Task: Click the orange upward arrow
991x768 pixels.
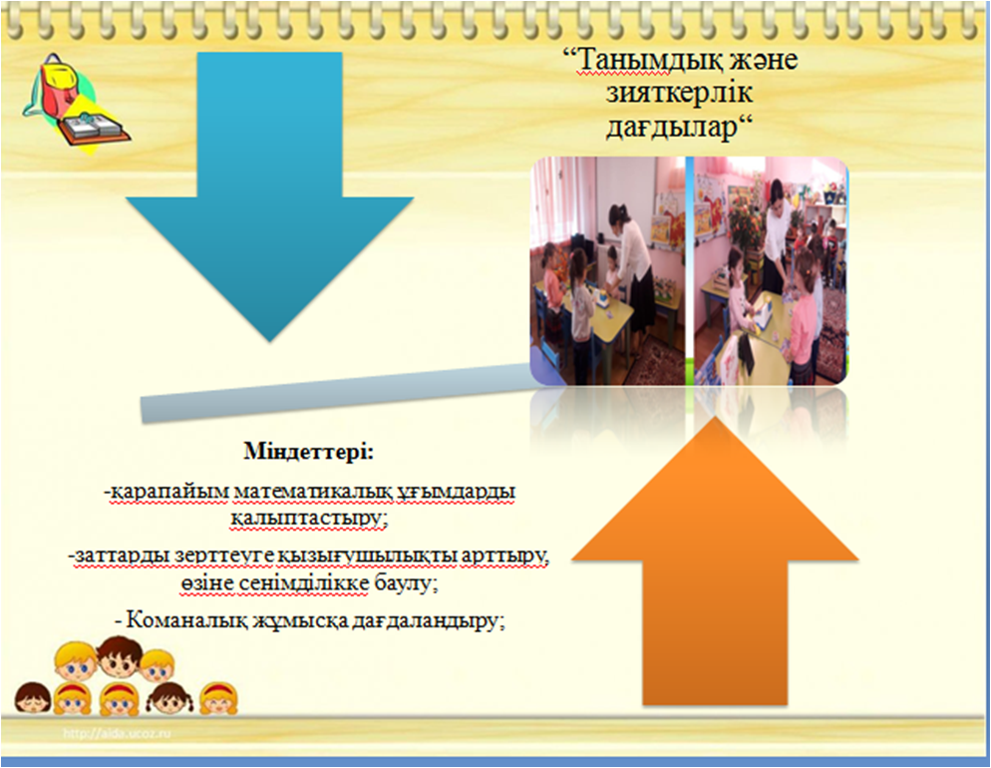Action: coord(715,563)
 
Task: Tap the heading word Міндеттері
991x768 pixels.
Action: coord(309,453)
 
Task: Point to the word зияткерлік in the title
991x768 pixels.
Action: coord(679,94)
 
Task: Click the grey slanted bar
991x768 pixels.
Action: coord(336,392)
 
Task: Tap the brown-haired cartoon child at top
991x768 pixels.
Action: coord(120,657)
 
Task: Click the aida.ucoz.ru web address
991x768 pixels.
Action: coord(117,734)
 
